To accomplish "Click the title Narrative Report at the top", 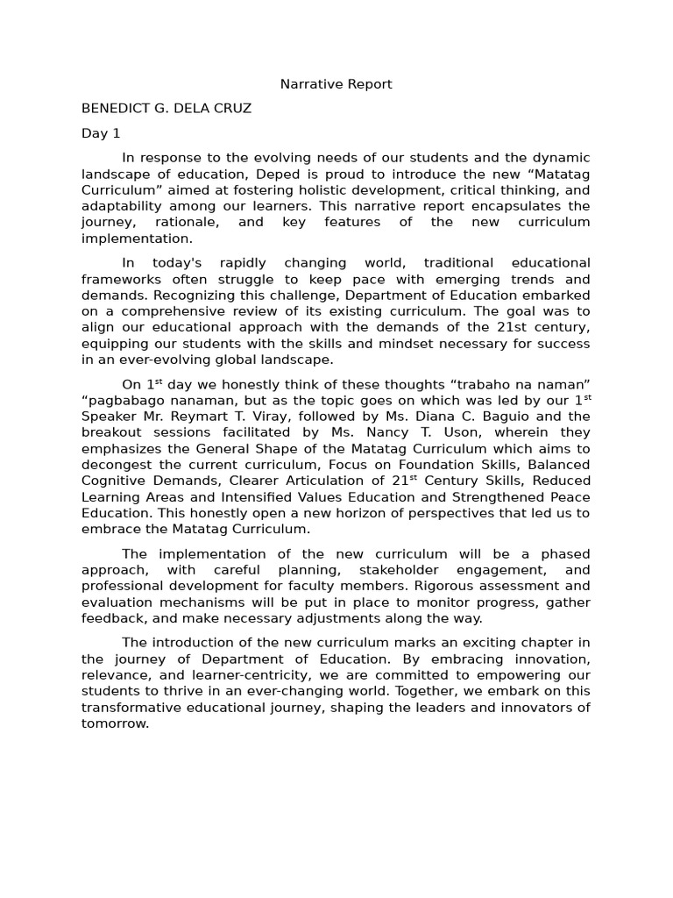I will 336,84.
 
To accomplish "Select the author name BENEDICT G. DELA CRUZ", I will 166,109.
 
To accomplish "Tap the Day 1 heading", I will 101,133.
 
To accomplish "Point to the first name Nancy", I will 371,432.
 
